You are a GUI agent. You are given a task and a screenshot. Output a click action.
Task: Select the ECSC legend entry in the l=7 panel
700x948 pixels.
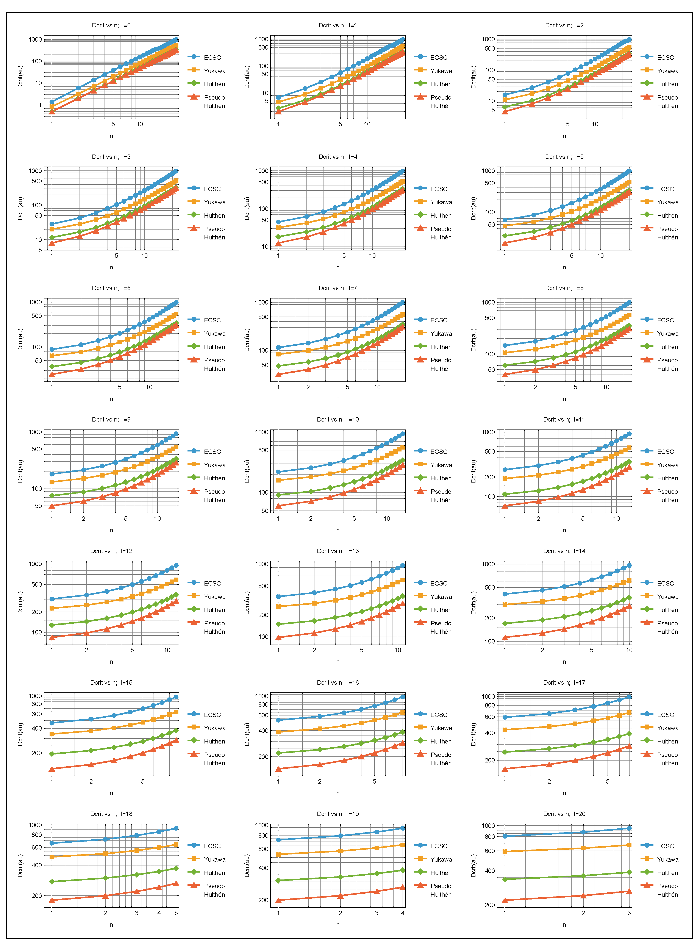pos(439,320)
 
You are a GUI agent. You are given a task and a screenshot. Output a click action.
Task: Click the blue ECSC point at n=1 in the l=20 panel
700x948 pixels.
pos(505,836)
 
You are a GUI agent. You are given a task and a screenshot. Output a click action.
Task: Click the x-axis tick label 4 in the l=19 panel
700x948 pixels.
pos(403,913)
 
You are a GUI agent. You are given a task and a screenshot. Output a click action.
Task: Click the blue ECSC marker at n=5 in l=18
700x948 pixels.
pos(176,828)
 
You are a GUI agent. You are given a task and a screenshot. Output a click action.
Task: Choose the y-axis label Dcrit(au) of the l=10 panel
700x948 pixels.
pos(247,471)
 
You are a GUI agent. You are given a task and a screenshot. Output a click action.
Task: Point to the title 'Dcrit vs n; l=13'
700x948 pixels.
pos(338,551)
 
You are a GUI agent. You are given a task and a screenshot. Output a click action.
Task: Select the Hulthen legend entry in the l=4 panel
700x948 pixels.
pos(441,216)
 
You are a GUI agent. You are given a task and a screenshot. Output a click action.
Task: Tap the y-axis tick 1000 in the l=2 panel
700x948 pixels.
pos(488,39)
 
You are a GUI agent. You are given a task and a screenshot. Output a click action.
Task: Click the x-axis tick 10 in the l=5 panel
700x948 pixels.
pos(600,256)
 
